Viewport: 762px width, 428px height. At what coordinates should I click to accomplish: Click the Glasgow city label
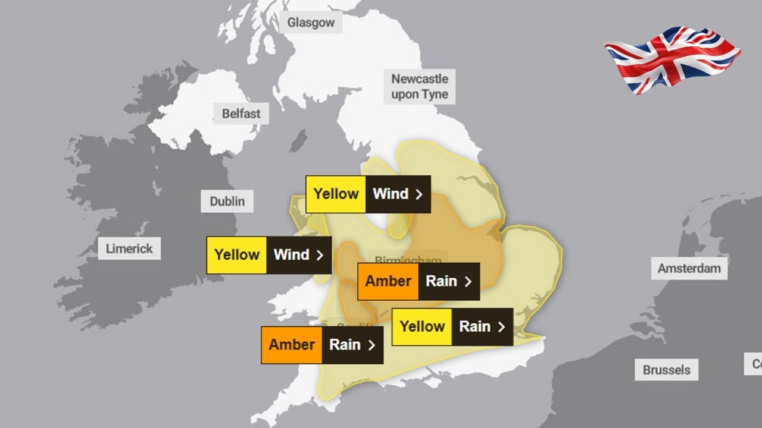311,23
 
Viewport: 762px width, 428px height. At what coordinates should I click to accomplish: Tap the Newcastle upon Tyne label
420,86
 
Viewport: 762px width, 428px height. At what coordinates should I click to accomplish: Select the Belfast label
241,113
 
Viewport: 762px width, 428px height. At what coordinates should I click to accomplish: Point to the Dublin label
227,202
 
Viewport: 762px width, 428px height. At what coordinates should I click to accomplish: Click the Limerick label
129,248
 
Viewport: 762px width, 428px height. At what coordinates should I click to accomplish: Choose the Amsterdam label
689,269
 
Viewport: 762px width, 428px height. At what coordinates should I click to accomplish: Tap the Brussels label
666,370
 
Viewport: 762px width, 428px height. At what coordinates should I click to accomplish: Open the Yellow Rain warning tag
452,326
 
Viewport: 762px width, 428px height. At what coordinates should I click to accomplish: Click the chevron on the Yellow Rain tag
501,326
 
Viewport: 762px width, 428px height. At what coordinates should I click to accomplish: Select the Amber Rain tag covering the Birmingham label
419,281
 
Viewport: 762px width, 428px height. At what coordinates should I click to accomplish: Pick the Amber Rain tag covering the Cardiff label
322,345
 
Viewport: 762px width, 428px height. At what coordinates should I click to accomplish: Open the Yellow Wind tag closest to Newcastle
368,194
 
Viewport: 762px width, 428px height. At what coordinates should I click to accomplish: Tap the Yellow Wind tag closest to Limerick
268,255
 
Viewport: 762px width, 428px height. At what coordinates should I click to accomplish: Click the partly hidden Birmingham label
408,260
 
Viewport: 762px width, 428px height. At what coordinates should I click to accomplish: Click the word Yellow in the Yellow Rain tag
422,326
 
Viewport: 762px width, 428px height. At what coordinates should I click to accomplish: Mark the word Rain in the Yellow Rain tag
474,326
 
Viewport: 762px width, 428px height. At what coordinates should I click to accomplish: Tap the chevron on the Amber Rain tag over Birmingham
468,281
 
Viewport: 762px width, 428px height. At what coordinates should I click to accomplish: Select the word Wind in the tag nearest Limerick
291,255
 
